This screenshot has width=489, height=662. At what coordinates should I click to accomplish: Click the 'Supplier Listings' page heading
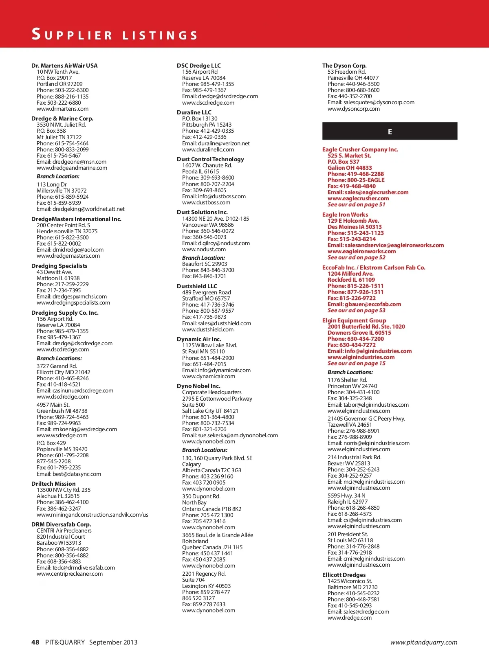(115, 35)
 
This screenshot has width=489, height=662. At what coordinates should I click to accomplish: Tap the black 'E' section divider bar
(390, 132)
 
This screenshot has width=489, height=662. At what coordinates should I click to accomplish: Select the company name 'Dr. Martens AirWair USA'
(64, 66)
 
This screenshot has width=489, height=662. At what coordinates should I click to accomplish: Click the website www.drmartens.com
(62, 109)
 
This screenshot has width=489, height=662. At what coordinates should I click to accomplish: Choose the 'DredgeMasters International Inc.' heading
(76, 219)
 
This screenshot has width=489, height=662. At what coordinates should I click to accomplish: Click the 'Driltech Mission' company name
(53, 484)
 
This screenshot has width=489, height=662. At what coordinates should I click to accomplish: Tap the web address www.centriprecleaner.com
(70, 574)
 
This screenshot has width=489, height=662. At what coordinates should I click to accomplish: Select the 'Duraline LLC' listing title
(194, 112)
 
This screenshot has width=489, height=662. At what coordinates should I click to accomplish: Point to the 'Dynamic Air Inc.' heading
(199, 339)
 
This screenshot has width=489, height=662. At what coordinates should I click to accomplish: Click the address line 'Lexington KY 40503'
(206, 586)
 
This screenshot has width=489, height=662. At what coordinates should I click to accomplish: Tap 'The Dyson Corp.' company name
(344, 66)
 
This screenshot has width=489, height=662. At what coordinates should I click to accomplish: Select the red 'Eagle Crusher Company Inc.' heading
(360, 149)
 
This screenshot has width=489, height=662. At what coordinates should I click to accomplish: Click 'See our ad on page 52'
(356, 257)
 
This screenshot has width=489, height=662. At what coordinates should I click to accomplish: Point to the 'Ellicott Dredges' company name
(344, 575)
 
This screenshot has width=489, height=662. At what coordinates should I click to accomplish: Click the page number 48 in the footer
(35, 642)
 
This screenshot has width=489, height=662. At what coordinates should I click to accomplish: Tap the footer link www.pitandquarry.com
(423, 642)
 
